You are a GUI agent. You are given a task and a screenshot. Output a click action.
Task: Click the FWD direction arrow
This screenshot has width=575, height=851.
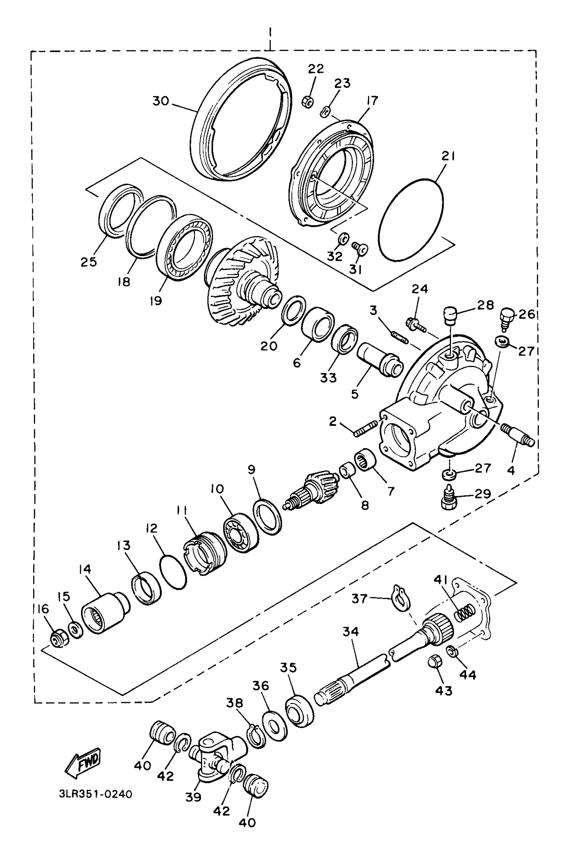(x=83, y=763)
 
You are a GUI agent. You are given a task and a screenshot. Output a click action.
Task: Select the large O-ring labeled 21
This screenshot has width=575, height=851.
(x=411, y=220)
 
